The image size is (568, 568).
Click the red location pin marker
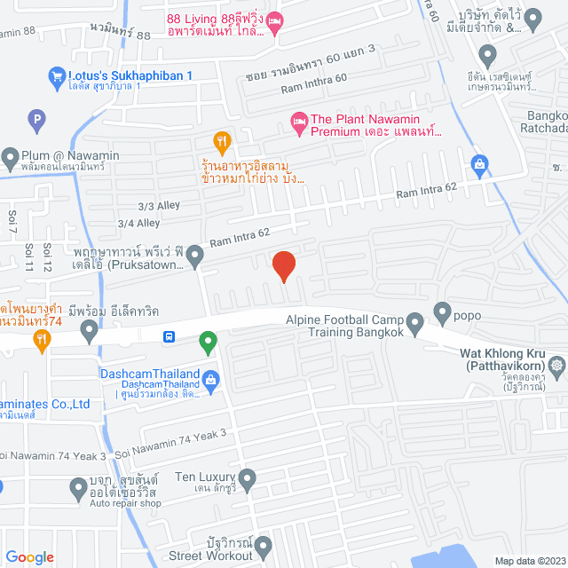point(283,265)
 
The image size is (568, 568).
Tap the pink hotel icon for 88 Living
point(275,21)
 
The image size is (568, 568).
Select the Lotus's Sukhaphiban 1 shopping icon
point(57,78)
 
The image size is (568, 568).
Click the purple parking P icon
point(36,116)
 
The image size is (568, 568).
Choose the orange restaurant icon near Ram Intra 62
point(223,140)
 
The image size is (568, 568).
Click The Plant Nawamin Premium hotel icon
point(298,121)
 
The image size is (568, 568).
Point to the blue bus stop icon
point(169,336)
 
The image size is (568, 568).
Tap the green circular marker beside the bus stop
point(208,339)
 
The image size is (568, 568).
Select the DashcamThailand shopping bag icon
point(211,381)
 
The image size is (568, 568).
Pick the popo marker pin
point(442,312)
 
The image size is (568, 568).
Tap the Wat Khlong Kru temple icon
point(556,365)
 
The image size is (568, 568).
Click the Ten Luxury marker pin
point(248,480)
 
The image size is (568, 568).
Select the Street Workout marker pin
point(264,543)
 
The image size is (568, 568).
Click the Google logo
point(29,557)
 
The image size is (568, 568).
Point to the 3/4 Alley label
point(138,224)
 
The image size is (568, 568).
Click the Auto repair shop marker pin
point(77,486)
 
